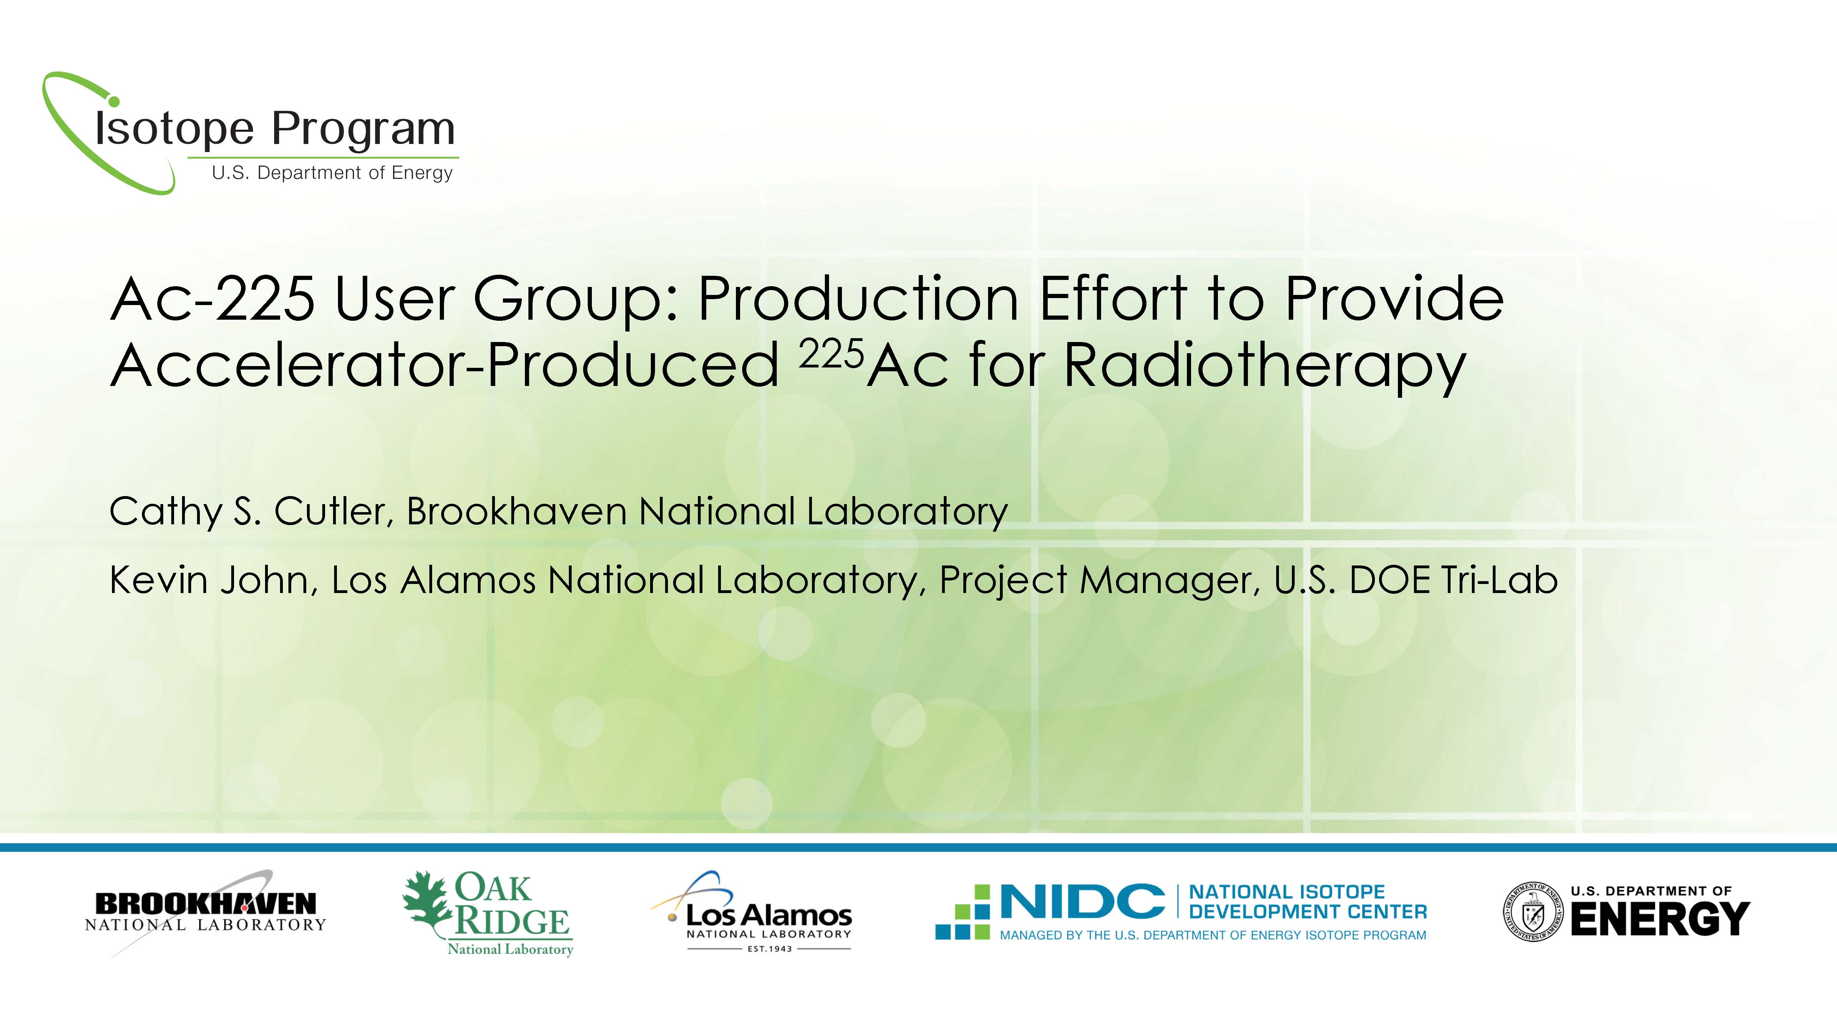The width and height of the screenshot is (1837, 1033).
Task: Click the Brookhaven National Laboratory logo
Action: [205, 912]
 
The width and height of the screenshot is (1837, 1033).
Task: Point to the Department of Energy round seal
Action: [1532, 912]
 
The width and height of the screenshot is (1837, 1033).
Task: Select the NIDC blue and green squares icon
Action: [963, 912]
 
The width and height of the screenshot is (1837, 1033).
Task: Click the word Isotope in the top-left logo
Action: [175, 130]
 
